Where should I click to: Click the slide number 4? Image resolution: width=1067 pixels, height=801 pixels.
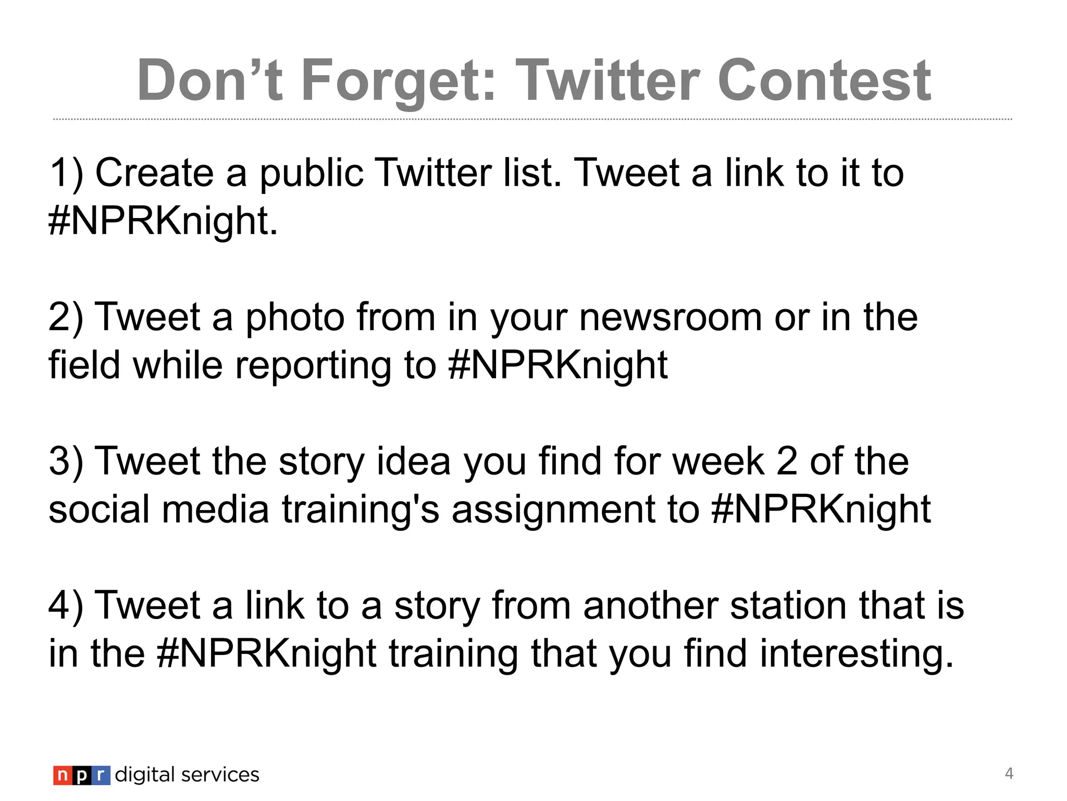pos(1009,773)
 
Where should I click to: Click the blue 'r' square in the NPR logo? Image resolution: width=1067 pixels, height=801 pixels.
pos(101,775)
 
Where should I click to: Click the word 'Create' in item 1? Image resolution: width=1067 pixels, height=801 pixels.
pos(154,173)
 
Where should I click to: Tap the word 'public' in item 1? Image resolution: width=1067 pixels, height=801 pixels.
pos(311,174)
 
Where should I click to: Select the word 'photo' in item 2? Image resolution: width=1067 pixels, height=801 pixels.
pos(295,318)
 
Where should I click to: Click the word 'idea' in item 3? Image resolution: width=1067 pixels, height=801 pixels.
pos(413,462)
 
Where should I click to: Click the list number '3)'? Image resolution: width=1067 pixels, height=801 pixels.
pos(66,462)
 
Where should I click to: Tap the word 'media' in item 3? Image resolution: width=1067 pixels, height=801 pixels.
pos(216,509)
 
